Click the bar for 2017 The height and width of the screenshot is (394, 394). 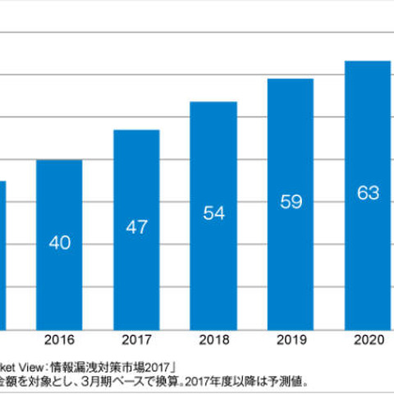click(x=136, y=229)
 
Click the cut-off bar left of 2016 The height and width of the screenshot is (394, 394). click(x=2, y=254)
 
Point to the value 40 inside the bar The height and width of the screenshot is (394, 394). click(x=59, y=242)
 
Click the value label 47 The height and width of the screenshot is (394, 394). click(x=136, y=227)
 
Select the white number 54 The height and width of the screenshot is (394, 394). click(x=213, y=213)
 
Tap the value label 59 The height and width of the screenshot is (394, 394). click(x=291, y=201)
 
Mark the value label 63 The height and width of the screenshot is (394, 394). click(x=368, y=193)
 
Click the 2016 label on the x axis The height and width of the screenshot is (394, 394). click(x=59, y=338)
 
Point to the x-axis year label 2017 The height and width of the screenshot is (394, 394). click(x=136, y=338)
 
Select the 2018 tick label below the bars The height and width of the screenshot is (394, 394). click(x=213, y=338)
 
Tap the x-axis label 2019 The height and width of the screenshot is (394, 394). click(x=291, y=338)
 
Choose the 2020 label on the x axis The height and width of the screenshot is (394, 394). click(x=368, y=338)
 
